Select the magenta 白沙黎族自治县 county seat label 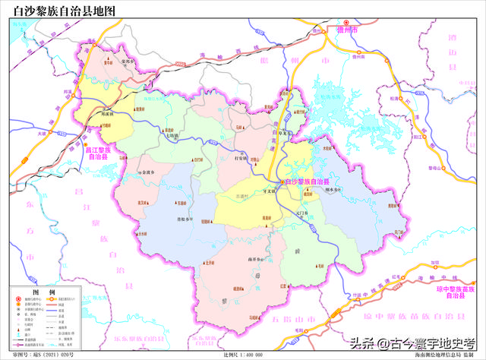305,183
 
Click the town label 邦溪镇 108,114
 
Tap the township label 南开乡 254,259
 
